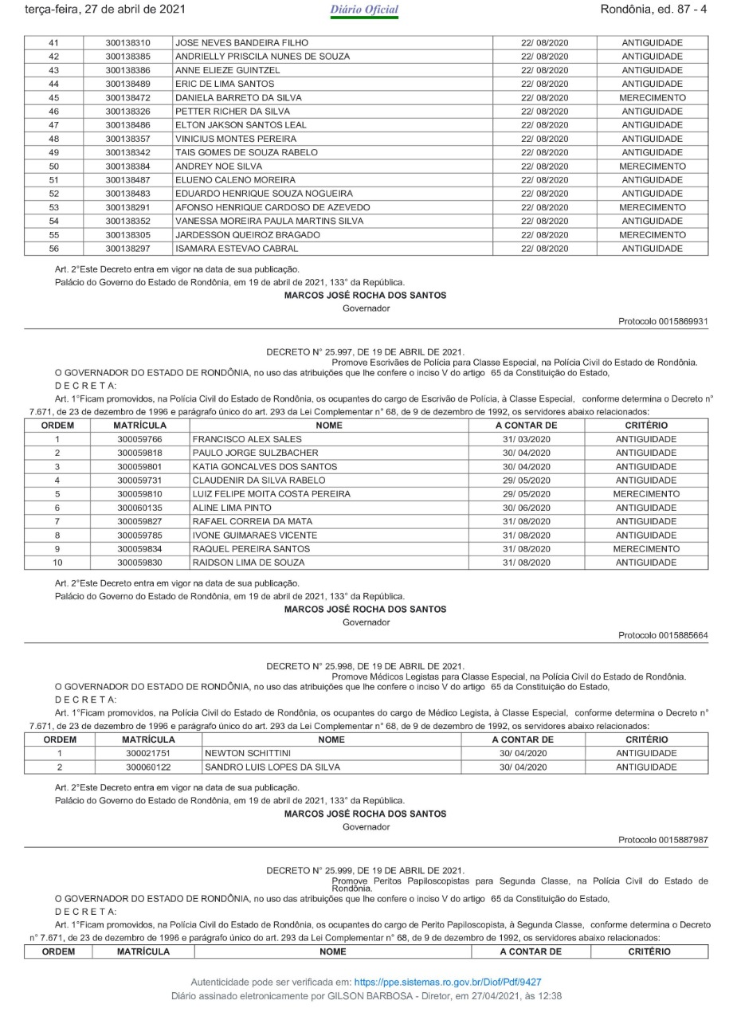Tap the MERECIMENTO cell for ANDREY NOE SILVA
[x=653, y=167]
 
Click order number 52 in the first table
[x=54, y=194]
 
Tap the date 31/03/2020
[x=525, y=439]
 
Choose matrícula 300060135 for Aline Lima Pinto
[x=140, y=508]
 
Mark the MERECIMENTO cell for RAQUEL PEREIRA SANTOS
[x=646, y=549]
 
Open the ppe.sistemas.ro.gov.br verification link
[x=448, y=983]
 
